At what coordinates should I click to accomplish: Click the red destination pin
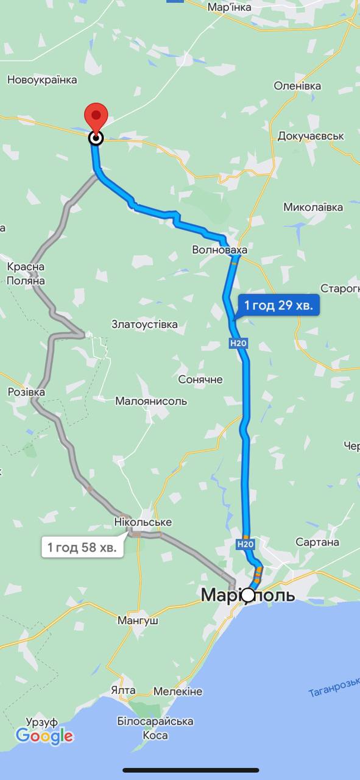pos(96,116)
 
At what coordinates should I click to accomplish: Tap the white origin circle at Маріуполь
pos(248,595)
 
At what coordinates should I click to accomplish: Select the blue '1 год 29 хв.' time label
pos(278,305)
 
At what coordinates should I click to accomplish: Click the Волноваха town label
pos(219,250)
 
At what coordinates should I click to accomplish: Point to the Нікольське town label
pos(143,522)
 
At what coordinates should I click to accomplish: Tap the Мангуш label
pos(138,621)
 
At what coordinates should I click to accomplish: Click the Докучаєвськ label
pos(311,136)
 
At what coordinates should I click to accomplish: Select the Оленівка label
pos(297,86)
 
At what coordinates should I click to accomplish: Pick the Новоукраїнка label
pos(42,80)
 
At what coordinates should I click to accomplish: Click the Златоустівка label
pos(144,324)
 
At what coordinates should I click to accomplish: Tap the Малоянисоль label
pos(151,401)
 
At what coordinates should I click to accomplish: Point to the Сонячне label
pos(200,380)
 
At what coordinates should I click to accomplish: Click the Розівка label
pos(26,392)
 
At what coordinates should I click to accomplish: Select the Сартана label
pos(317,542)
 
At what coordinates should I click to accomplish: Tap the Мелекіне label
pos(177,692)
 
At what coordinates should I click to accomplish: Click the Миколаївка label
pos(313,207)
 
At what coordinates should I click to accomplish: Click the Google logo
pos(44,736)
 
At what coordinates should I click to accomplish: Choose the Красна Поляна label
pos(26,274)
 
